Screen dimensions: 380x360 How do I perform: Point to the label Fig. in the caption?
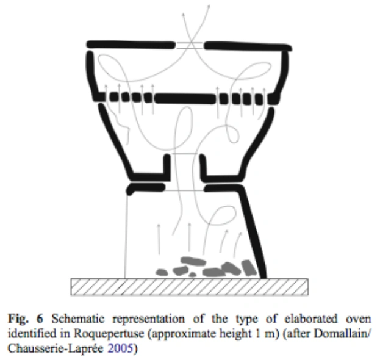15,319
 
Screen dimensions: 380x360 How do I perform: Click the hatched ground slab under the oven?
190,284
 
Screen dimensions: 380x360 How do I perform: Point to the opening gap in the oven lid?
190,45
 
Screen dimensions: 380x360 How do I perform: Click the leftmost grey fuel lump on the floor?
162,271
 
